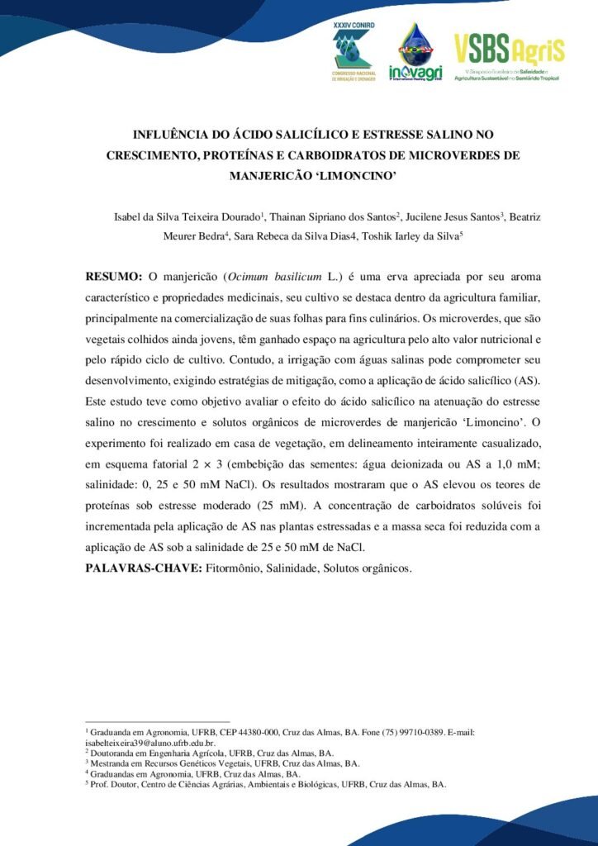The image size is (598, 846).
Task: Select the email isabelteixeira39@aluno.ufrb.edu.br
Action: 150,743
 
